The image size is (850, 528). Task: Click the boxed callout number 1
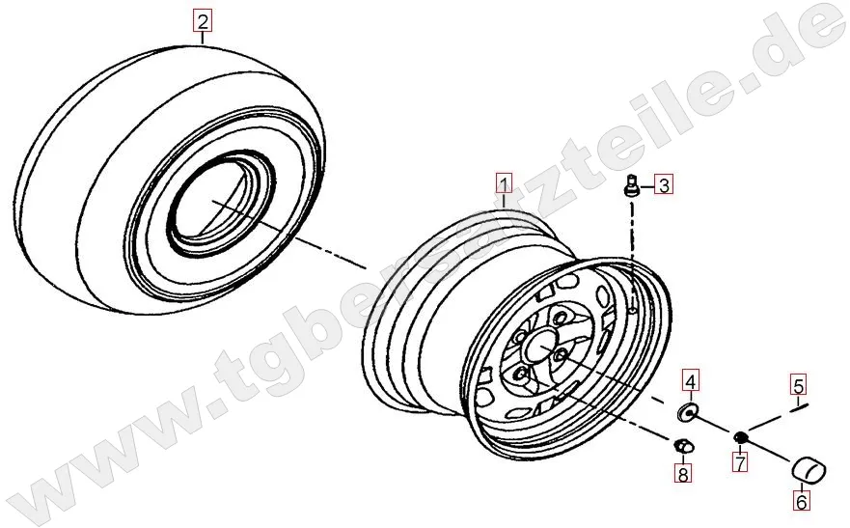[x=505, y=183]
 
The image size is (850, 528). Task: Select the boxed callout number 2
[x=203, y=21]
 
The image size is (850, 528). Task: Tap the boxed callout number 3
[x=664, y=185]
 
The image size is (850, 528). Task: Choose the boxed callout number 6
[x=801, y=501]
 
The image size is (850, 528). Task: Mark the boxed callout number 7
[x=740, y=462]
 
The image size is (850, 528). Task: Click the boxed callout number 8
[x=682, y=473]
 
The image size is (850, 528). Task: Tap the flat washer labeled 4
[x=687, y=412]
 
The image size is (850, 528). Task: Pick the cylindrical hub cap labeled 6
[x=809, y=469]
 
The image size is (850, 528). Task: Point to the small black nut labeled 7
[x=741, y=436]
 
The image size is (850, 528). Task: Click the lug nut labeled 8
[x=682, y=446]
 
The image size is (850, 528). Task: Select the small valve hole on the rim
[x=634, y=310]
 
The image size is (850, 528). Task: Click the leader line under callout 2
[x=203, y=38]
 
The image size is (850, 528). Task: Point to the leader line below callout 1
[x=505, y=201]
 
